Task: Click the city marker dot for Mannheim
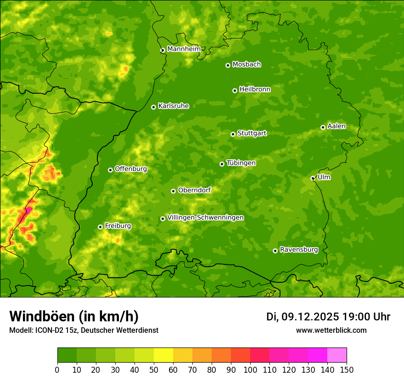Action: point(163,50)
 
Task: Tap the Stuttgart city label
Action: point(252,133)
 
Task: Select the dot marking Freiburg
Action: point(100,227)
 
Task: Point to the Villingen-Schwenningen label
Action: point(205,218)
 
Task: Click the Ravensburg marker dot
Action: point(275,251)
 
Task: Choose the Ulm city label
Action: point(324,177)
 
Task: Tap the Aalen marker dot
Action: point(323,127)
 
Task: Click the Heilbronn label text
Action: point(255,90)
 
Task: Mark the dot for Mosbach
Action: point(228,65)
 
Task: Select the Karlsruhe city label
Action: point(174,106)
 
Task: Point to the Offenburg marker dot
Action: point(110,170)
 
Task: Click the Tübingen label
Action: point(241,163)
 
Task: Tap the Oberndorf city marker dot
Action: point(173,191)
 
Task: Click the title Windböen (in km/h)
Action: point(74,316)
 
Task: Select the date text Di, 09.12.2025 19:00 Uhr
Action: point(328,317)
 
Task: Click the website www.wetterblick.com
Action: point(331,330)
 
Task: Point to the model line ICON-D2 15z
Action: point(84,330)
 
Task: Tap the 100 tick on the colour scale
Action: point(250,370)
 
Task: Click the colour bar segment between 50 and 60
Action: point(163,355)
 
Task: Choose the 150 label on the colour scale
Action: point(347,370)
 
